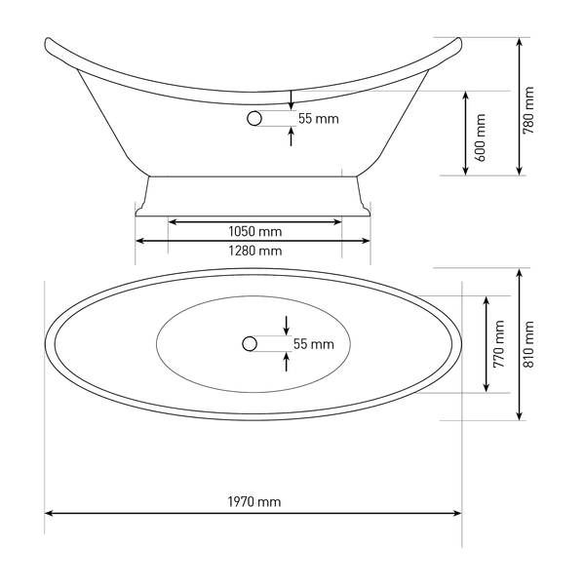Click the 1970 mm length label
coord(254,502)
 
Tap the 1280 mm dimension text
coord(254,251)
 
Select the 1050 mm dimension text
coord(254,232)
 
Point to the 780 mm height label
coord(528,110)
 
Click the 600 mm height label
coord(481,137)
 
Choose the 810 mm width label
coord(528,344)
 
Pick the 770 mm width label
coord(499,344)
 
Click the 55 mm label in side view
coord(318,119)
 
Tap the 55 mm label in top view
coord(313,344)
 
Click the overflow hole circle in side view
coord(254,118)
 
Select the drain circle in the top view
coord(250,343)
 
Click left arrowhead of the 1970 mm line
coord(48,514)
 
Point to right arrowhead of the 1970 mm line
coord(458,514)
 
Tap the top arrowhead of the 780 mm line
coord(520,41)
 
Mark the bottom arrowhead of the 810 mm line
coord(520,416)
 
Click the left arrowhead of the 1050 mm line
coord(172,222)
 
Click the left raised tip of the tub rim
coord(48,40)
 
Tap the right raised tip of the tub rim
coord(459,40)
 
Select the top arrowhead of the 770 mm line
coord(487,300)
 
